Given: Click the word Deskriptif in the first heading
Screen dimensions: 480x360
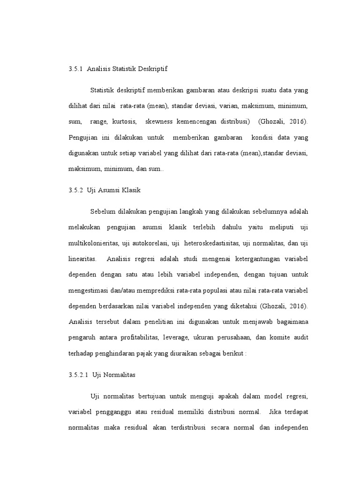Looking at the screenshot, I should coord(151,69).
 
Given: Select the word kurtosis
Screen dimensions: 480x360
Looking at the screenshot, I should coord(126,121).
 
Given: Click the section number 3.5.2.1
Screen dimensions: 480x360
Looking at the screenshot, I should coord(78,375).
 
